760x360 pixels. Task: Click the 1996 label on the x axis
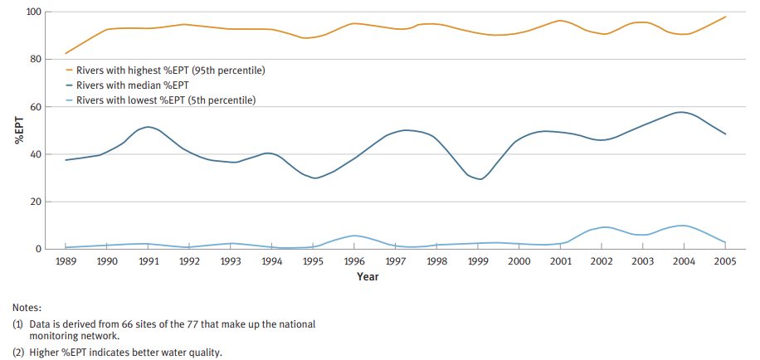354,261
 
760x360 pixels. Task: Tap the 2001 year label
561,261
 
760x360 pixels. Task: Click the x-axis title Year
368,276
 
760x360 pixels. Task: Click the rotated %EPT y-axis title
17,132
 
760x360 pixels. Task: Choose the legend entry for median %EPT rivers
132,85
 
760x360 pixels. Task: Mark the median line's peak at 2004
681,112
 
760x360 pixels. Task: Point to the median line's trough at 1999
480,178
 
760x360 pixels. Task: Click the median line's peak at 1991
148,127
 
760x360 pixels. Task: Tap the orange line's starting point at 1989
66,53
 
